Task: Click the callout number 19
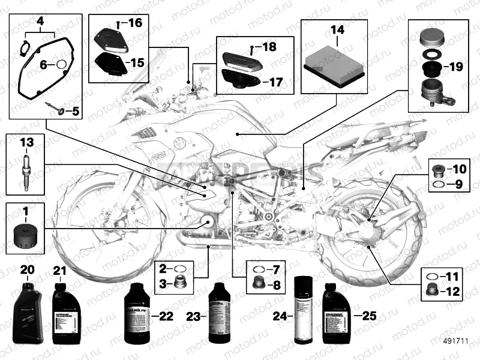click(x=455, y=67)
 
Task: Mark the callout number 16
click(x=134, y=24)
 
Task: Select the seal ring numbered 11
click(x=431, y=277)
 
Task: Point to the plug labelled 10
click(x=438, y=168)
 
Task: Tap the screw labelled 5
click(x=56, y=110)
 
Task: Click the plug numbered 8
click(x=259, y=283)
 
